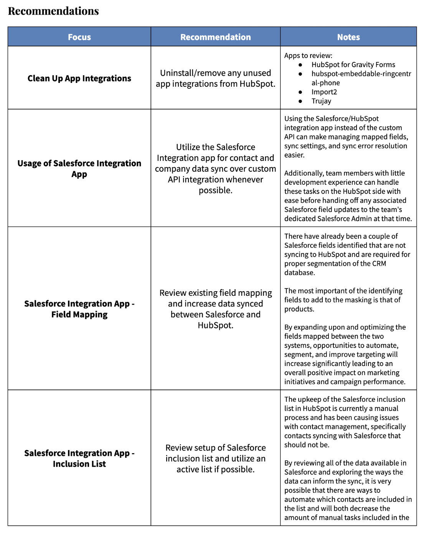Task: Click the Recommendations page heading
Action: tap(53, 11)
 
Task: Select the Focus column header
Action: tap(79, 37)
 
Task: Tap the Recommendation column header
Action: tap(215, 37)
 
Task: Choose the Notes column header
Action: tap(348, 37)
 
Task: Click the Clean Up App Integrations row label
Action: tap(79, 78)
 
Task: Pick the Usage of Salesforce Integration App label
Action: tap(79, 169)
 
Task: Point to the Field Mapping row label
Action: tap(79, 309)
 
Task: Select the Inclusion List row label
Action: tap(79, 459)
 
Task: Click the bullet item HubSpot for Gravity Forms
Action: tap(353, 65)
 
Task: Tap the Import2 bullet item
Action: tap(324, 92)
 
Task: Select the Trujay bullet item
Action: tap(321, 101)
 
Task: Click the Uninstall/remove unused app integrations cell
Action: tap(215, 78)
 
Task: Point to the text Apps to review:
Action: tap(308, 56)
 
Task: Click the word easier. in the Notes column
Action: tap(294, 155)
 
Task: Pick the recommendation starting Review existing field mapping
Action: tap(215, 309)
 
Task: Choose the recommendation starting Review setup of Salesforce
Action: tap(215, 459)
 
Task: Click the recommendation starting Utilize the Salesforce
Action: tap(215, 169)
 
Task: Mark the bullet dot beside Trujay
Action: tap(301, 101)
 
